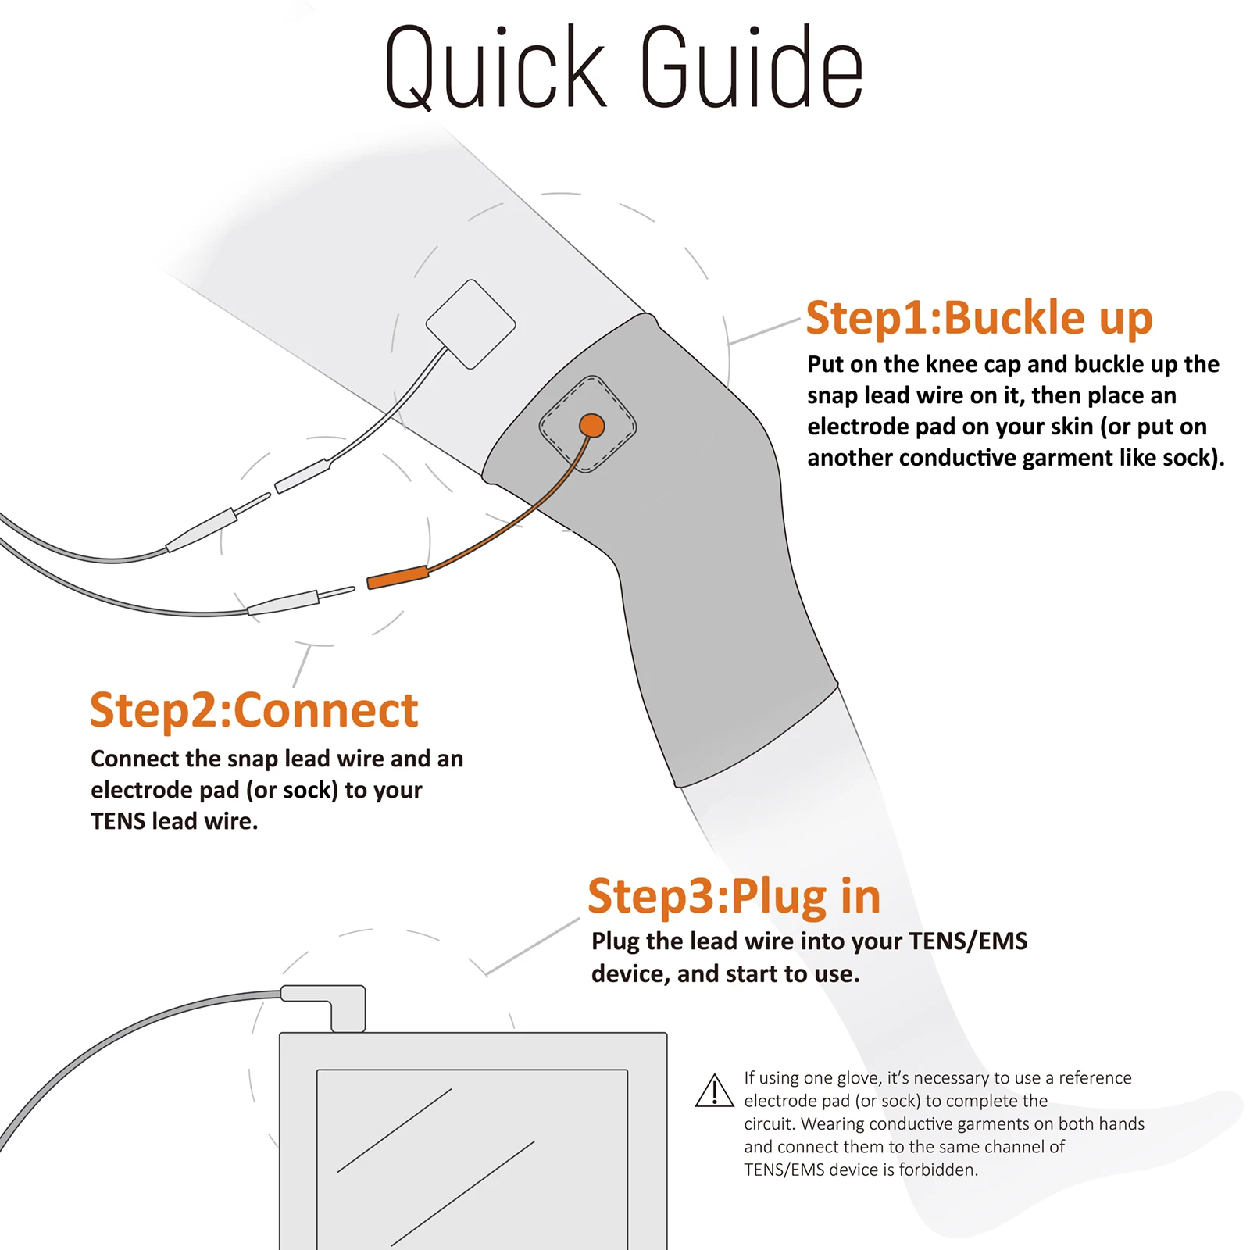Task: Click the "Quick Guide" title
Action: [x=623, y=67]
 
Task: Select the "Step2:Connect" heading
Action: [x=254, y=710]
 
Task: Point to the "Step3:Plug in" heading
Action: [x=734, y=896]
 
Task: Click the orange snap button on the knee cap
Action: [x=591, y=426]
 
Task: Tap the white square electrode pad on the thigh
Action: [x=470, y=324]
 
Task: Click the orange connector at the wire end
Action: [x=398, y=577]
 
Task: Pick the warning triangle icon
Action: [x=714, y=1091]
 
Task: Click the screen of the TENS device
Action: [x=472, y=1159]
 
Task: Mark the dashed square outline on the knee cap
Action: [x=587, y=424]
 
